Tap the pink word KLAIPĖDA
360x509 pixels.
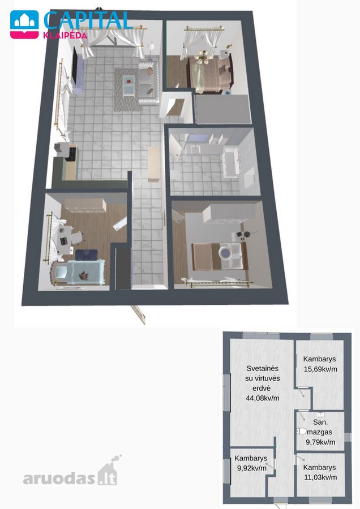pyautogui.click(x=65, y=36)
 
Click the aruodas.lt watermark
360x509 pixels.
pyautogui.click(x=71, y=471)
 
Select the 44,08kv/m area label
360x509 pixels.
pyautogui.click(x=263, y=398)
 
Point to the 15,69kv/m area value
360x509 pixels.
pyautogui.click(x=320, y=369)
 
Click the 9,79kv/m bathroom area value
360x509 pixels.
pyautogui.click(x=320, y=442)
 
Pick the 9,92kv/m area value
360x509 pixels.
pyautogui.click(x=252, y=468)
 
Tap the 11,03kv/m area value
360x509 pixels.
pyautogui.click(x=320, y=477)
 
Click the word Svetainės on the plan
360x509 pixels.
pyautogui.click(x=263, y=368)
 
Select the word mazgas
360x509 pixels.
pyautogui.click(x=319, y=433)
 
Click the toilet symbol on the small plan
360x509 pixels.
pyautogui.click(x=301, y=432)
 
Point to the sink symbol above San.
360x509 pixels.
pyautogui.click(x=320, y=414)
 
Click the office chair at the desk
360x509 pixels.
pyautogui.click(x=76, y=238)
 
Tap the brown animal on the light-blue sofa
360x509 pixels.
pyautogui.click(x=84, y=275)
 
